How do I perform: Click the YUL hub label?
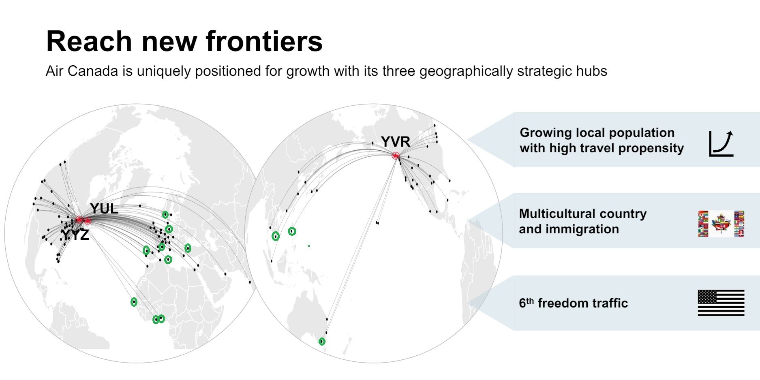click(x=104, y=209)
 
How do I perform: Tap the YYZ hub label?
click(x=75, y=235)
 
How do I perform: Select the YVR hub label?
click(x=395, y=142)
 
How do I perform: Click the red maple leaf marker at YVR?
click(x=396, y=156)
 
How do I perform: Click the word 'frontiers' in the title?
click(x=264, y=41)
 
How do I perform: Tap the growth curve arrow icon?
click(x=721, y=143)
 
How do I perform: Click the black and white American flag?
click(x=721, y=303)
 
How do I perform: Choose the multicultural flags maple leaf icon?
click(x=721, y=223)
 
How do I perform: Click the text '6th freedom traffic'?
click(x=573, y=303)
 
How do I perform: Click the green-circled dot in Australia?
click(x=322, y=342)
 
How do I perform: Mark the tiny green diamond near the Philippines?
click(x=309, y=246)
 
